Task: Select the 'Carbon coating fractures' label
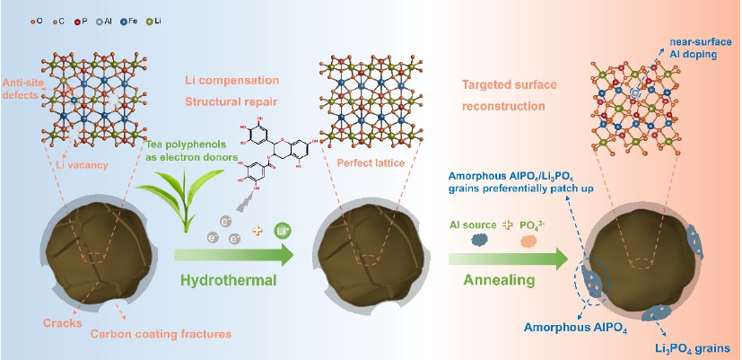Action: (x=159, y=334)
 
